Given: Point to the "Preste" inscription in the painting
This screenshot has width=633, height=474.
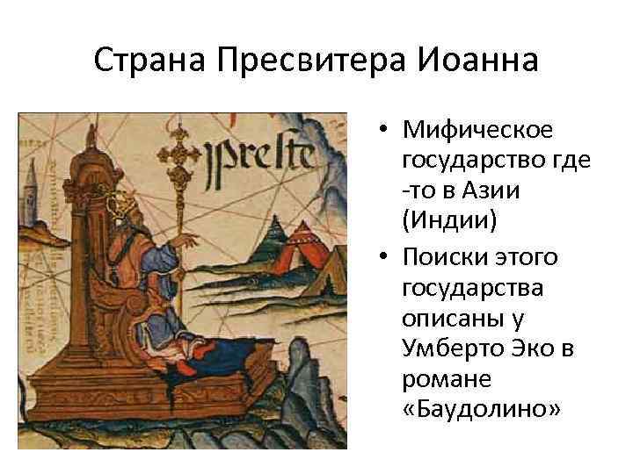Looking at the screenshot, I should tap(260, 155).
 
